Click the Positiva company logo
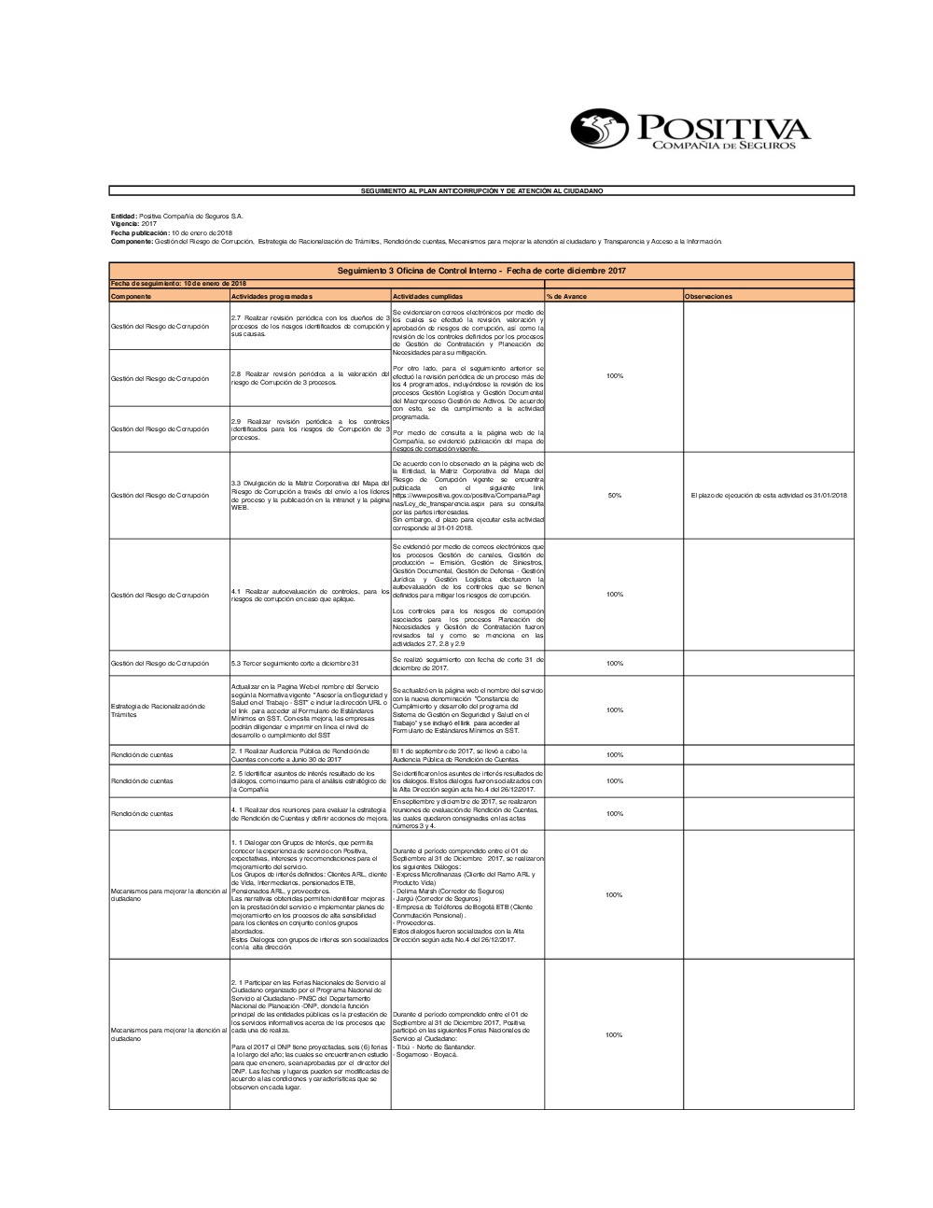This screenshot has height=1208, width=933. [689, 129]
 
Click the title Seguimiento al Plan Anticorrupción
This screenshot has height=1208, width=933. [481, 190]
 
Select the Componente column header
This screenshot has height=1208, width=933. [131, 296]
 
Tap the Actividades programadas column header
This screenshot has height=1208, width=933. [272, 296]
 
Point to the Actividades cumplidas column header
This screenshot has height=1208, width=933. [427, 296]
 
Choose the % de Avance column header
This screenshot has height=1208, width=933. [567, 296]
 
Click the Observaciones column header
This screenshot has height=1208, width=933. [708, 296]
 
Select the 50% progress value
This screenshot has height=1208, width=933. [614, 496]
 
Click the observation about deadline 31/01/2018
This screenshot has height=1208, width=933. [768, 496]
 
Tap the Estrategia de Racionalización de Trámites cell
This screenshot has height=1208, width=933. [158, 710]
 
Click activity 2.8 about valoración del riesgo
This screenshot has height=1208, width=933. [310, 378]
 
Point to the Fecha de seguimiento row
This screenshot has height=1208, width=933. [178, 283]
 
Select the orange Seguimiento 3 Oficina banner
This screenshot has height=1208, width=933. [481, 271]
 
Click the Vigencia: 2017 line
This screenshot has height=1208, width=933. [134, 224]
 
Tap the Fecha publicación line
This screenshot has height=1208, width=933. [172, 232]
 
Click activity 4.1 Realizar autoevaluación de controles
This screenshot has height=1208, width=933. [310, 595]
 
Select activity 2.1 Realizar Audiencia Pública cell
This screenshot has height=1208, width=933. [300, 754]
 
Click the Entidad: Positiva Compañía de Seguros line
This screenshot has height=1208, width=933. [177, 216]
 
